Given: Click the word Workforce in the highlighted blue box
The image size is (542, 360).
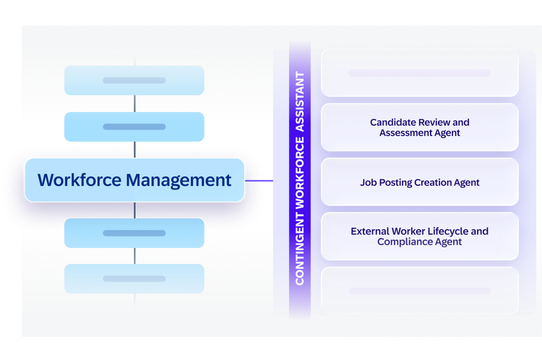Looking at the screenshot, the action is point(79,180).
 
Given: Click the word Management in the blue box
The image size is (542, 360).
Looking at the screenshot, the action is point(178,181).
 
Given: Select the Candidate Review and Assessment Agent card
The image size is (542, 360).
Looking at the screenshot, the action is point(420,127).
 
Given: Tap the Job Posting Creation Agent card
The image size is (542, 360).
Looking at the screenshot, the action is point(420,182).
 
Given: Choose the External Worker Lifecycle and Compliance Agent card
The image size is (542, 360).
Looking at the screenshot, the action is point(420,236).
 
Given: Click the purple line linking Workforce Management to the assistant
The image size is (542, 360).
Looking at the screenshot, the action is point(259,181).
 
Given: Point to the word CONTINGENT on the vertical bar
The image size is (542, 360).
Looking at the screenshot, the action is point(300,248).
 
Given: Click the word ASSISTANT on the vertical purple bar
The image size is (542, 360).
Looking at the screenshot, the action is point(300,102).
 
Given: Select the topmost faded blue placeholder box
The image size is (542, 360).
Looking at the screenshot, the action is point(134,80).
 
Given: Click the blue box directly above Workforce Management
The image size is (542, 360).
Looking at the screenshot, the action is point(134,127).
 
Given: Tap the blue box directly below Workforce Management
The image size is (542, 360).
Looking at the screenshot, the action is point(134,233).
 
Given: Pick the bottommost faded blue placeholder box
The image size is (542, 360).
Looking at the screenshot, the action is point(134,279).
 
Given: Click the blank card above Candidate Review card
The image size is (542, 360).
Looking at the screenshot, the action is point(420,72).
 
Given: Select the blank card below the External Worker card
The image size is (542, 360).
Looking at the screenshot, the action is point(420,291).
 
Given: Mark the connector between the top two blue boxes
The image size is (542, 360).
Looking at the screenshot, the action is point(134,103).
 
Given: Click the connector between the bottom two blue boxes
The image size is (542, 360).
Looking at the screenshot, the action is point(134,256).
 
